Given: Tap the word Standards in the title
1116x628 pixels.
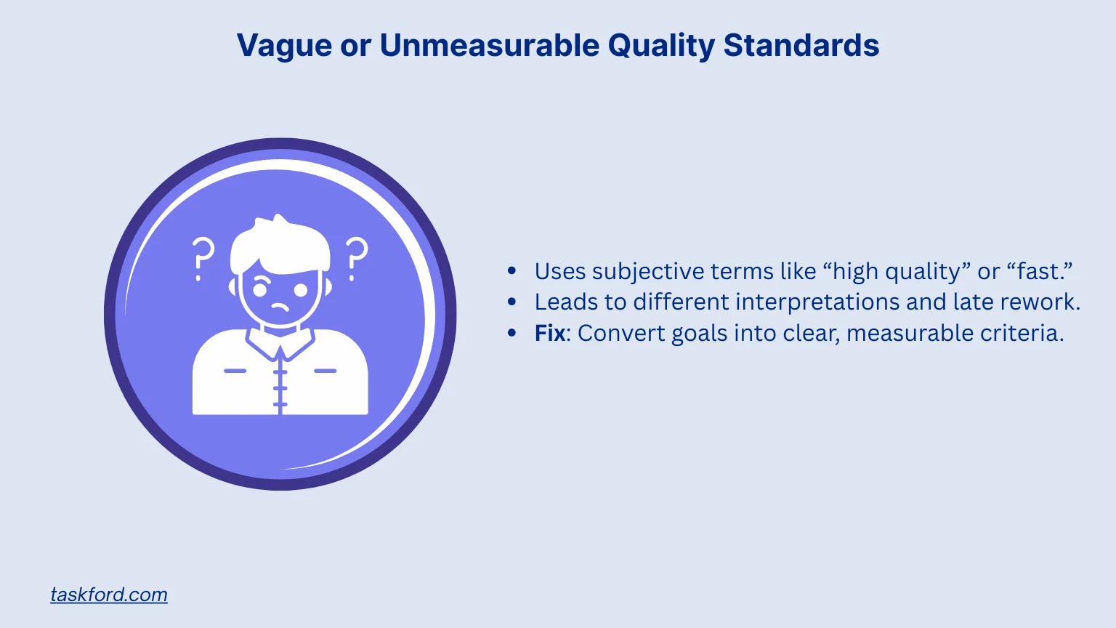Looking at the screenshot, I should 801,45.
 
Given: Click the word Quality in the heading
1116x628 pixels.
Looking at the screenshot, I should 661,45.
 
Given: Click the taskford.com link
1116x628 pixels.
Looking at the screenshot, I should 109,595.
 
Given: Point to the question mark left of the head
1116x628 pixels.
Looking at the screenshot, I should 203,258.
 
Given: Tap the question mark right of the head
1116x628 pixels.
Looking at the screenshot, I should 356,258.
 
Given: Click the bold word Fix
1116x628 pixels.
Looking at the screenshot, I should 549,333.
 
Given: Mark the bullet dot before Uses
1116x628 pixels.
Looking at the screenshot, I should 512,271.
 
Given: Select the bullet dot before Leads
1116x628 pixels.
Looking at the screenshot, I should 512,302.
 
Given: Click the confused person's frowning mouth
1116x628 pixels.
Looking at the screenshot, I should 280,307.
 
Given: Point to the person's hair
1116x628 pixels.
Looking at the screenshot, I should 280,243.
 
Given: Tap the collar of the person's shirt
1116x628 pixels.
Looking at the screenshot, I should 280,342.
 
